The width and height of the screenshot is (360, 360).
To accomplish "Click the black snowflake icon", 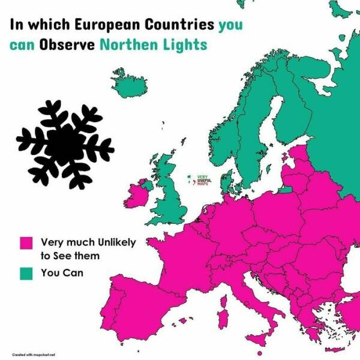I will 65,143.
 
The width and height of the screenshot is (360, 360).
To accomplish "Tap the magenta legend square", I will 26,243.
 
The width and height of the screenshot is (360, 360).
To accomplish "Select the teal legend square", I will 26,274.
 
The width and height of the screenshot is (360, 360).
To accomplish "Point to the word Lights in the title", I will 188,45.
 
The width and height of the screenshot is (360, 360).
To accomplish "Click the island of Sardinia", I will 223,317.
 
